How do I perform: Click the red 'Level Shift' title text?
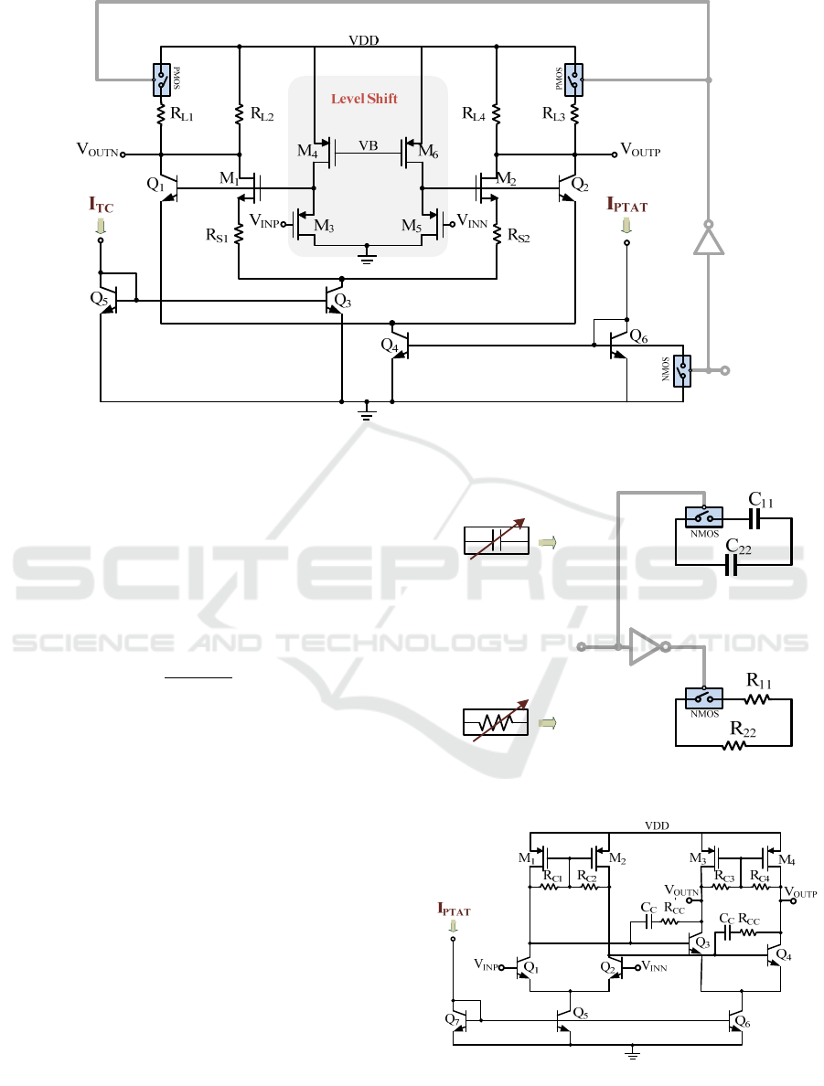(x=364, y=98)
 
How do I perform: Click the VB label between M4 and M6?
(x=368, y=146)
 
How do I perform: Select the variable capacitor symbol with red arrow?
(x=498, y=541)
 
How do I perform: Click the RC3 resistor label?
(x=725, y=877)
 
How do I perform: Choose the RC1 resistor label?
(x=552, y=877)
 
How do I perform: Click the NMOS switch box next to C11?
(x=703, y=518)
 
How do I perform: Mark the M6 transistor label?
(x=427, y=151)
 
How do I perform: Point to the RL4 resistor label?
(x=474, y=115)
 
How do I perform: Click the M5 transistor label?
(x=413, y=225)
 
